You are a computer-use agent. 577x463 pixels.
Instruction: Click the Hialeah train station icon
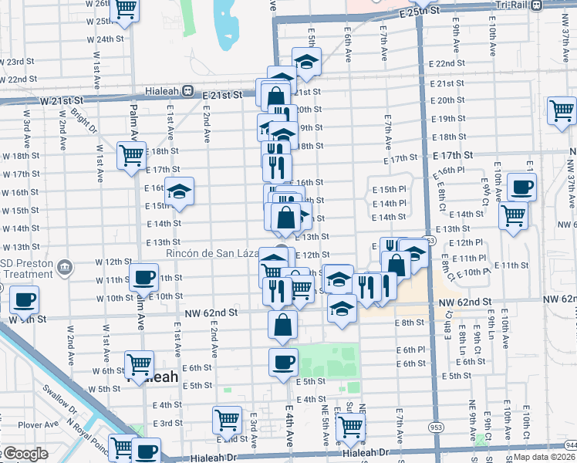tap(187, 90)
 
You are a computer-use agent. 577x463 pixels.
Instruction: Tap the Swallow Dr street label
tap(59, 397)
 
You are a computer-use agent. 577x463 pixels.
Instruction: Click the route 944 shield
tap(569, 446)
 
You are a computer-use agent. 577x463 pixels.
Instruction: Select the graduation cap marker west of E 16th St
tap(180, 192)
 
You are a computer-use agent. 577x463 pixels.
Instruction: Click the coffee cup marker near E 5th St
tap(283, 360)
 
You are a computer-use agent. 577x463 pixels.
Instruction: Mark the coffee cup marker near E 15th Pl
tap(522, 186)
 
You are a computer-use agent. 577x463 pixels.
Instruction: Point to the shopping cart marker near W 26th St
tap(125, 10)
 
